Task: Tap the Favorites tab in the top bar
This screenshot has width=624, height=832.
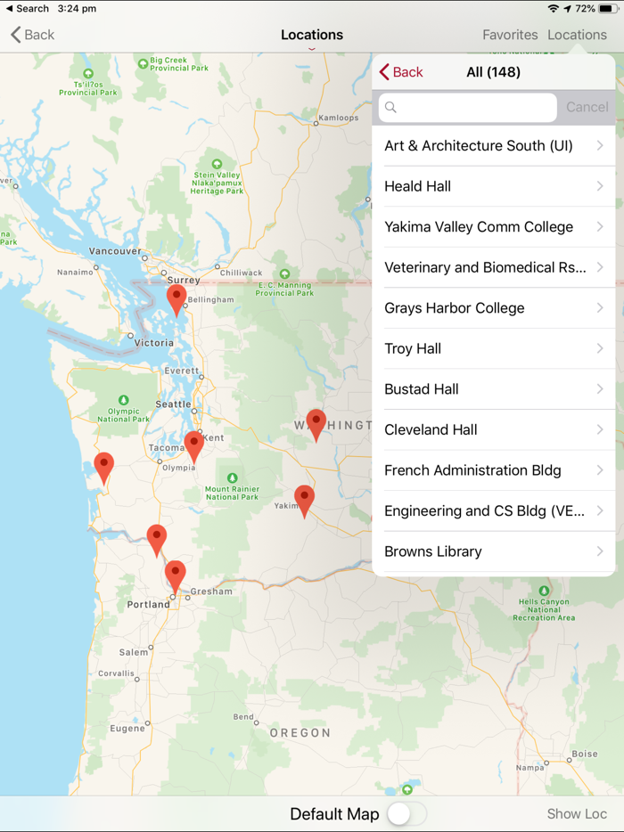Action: (x=510, y=35)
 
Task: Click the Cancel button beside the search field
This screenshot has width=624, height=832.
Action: (x=587, y=107)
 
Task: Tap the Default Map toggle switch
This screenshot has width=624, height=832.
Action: (x=406, y=813)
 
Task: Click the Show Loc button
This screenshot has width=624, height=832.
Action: (x=577, y=813)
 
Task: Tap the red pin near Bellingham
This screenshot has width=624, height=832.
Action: (x=177, y=298)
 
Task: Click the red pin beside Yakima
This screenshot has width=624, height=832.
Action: (x=304, y=498)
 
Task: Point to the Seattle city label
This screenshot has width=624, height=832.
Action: (x=173, y=404)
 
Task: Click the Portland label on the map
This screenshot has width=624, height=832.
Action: (x=148, y=604)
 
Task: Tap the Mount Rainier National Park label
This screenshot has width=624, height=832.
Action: (x=232, y=493)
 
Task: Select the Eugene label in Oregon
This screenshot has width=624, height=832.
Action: (x=127, y=729)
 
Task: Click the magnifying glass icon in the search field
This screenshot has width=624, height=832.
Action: (x=390, y=108)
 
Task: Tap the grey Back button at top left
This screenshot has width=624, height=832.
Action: (x=33, y=35)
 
